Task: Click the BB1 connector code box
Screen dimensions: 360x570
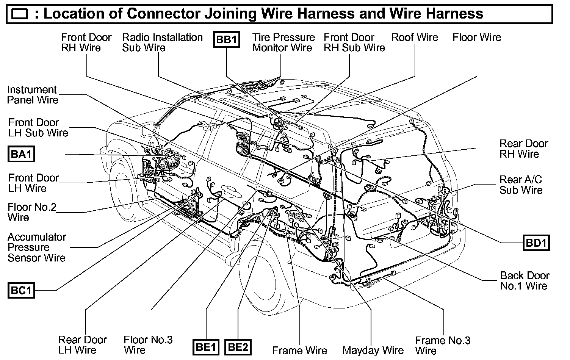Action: [227, 39]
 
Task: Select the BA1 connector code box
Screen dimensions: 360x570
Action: [21, 154]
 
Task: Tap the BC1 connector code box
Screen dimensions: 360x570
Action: [21, 291]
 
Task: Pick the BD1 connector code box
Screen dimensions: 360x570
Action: [536, 243]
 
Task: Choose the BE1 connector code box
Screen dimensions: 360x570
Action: [206, 347]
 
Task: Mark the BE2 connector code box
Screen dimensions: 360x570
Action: [238, 347]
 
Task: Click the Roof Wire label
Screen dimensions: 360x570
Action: [414, 38]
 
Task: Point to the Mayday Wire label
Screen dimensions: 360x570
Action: [373, 351]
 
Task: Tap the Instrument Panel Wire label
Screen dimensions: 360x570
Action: [33, 95]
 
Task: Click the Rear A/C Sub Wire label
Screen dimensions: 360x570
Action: [521, 185]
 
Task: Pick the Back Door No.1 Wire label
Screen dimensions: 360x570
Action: [525, 280]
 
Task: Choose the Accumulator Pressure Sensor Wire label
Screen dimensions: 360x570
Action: [37, 247]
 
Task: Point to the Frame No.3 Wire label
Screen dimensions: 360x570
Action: [442, 345]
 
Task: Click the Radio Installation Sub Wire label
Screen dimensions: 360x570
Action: [162, 42]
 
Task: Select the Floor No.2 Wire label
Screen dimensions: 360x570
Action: [32, 212]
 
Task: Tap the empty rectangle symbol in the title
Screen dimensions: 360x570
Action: [20, 14]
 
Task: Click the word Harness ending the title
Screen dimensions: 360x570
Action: [454, 14]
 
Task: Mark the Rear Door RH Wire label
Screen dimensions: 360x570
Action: [524, 149]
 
